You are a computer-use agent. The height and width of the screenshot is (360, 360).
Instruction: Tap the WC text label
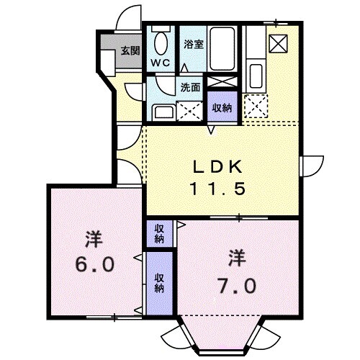(160, 62)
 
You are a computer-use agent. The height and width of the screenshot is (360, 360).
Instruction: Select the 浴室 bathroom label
(193, 43)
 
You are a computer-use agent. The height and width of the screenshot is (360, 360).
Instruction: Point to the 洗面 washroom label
(190, 89)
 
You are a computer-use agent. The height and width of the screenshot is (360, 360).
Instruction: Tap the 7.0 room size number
(235, 285)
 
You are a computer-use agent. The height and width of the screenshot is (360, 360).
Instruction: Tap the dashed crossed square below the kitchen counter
(256, 107)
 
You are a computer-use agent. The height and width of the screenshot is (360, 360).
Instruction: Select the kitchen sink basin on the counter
(255, 75)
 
